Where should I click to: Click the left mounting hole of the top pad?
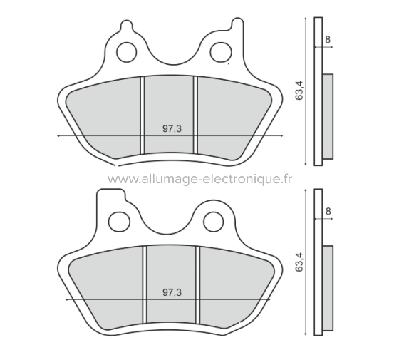coord(127,51)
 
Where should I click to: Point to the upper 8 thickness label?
coord(327,41)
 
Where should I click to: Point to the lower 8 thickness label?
coord(327,211)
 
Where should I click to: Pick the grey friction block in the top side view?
coord(327,117)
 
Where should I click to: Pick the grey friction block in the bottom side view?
coord(327,288)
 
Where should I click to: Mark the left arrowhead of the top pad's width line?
coord(58,135)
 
